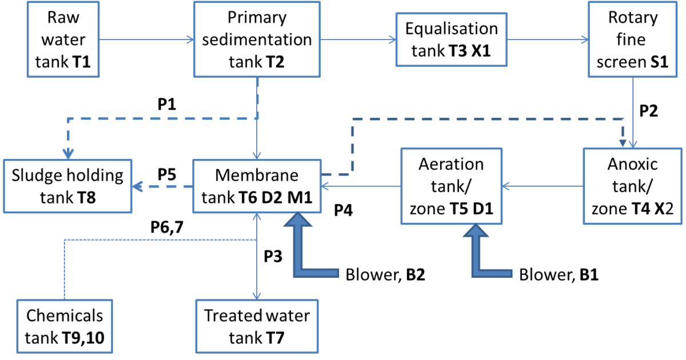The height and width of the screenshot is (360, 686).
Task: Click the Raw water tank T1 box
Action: tap(63, 40)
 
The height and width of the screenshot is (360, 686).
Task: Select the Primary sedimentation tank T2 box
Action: tap(258, 40)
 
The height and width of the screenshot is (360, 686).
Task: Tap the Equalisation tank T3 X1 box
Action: tap(452, 40)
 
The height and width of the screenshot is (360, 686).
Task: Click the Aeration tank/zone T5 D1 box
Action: tap(452, 186)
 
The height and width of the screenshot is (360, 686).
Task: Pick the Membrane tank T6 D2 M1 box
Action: tap(258, 186)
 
